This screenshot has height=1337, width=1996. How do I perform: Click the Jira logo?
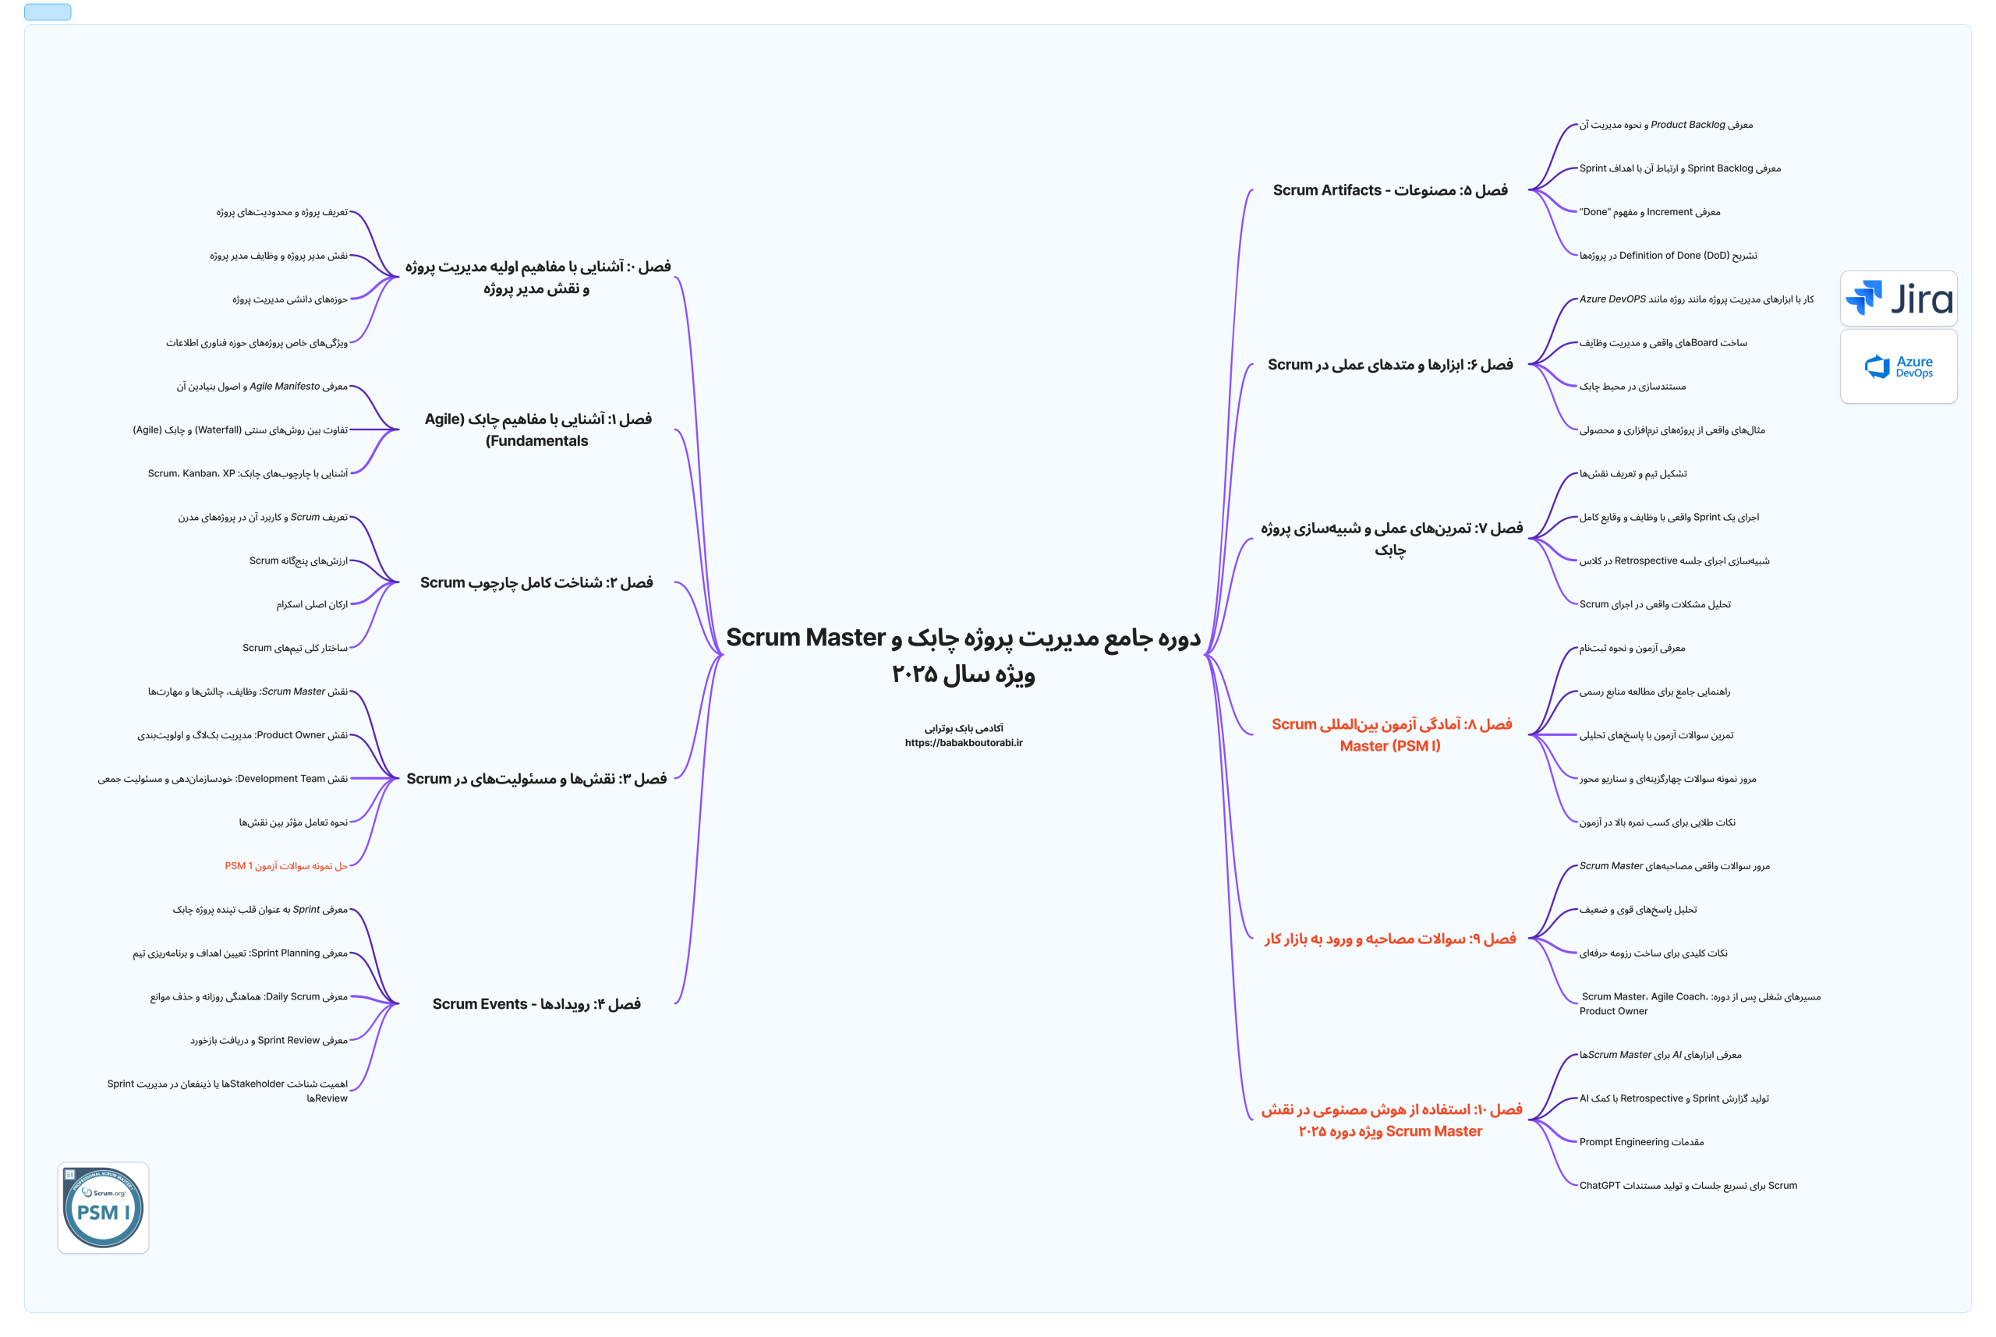tap(1898, 299)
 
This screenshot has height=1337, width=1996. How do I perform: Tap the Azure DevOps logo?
tap(1898, 366)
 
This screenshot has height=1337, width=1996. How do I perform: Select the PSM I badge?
tap(103, 1208)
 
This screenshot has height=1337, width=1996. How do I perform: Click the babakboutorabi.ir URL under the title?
tap(964, 743)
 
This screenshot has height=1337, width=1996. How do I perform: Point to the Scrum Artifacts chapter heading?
tap(1389, 190)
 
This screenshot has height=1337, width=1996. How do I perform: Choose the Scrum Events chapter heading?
tap(536, 1003)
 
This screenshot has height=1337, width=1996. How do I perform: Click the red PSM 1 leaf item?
tap(285, 865)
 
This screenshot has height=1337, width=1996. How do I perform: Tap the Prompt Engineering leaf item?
tap(1640, 1142)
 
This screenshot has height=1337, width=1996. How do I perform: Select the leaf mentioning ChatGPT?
tap(1687, 1185)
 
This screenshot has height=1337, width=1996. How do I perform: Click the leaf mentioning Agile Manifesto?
tap(262, 386)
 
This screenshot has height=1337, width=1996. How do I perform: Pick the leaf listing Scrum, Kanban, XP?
tap(247, 473)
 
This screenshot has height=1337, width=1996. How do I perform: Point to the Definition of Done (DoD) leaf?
tap(1667, 255)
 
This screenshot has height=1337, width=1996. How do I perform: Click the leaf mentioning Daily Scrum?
tap(248, 997)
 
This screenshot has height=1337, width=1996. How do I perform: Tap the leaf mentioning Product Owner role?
tap(242, 735)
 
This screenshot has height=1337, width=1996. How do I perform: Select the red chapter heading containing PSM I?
tap(1391, 734)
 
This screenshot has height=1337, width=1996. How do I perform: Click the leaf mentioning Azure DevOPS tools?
tap(1695, 299)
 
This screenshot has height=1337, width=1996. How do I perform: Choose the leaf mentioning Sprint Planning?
tap(239, 953)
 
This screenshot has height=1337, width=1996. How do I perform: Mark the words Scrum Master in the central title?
tap(805, 637)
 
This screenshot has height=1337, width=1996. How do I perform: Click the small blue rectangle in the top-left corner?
tap(48, 12)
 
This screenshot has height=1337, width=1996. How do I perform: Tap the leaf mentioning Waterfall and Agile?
tap(239, 430)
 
